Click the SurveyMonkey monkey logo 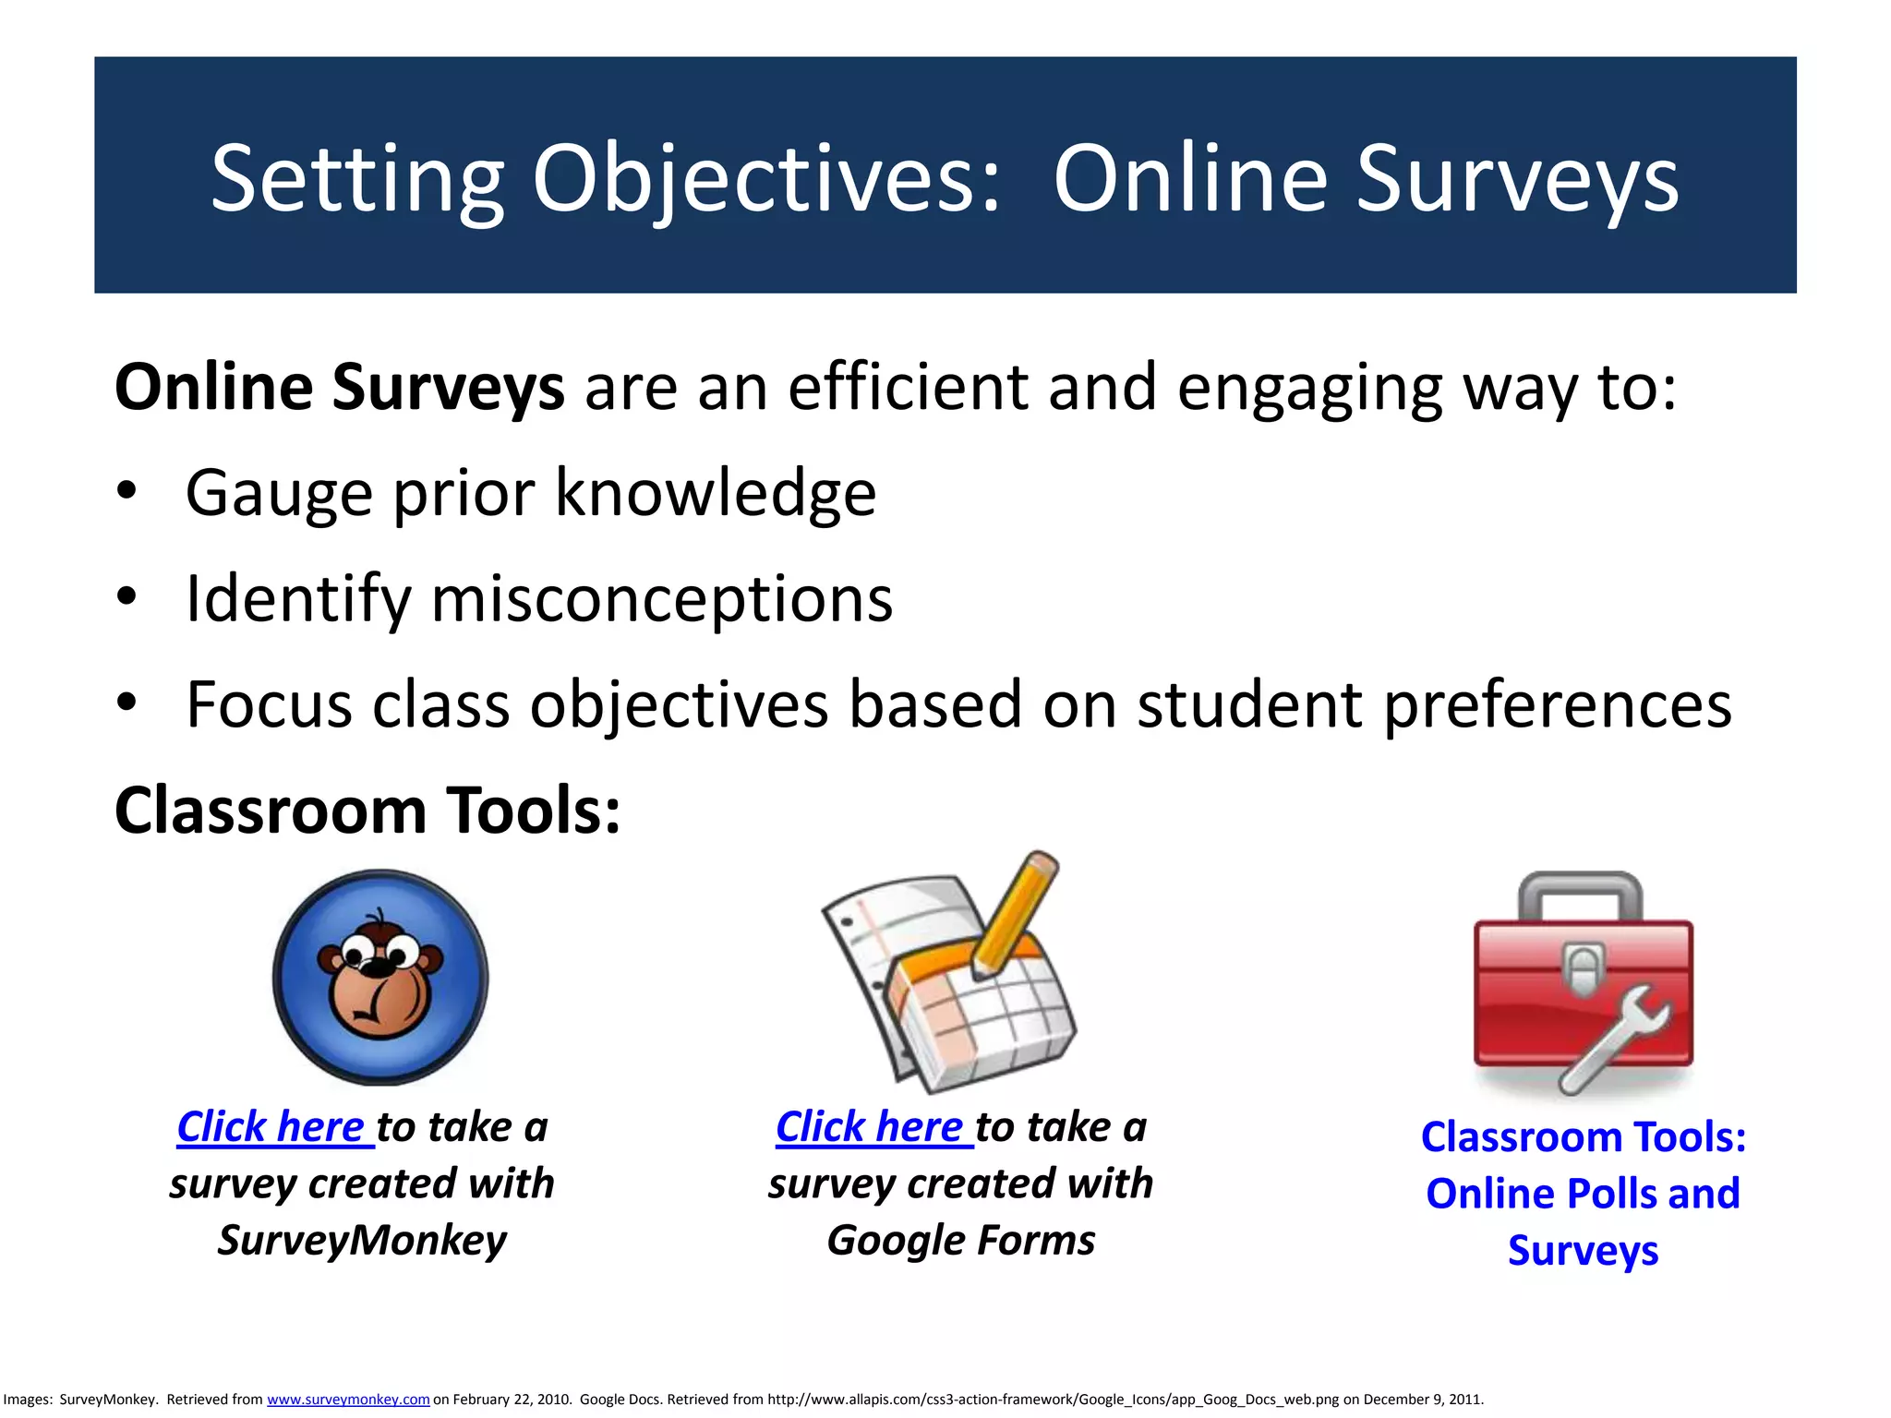pyautogui.click(x=380, y=977)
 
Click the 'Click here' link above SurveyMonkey pyautogui.click(x=273, y=1127)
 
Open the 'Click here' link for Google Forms pyautogui.click(x=873, y=1127)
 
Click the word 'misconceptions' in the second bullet pyautogui.click(x=661, y=599)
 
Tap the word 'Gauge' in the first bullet pyautogui.click(x=280, y=493)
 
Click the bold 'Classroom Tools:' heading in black pyautogui.click(x=367, y=811)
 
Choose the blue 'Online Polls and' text pyautogui.click(x=1583, y=1194)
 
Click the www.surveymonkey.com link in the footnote pyautogui.click(x=348, y=1400)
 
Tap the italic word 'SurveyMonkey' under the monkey pyautogui.click(x=362, y=1240)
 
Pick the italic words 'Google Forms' pyautogui.click(x=960, y=1240)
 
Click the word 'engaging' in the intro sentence pyautogui.click(x=1309, y=388)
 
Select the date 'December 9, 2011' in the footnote pyautogui.click(x=1423, y=1400)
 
